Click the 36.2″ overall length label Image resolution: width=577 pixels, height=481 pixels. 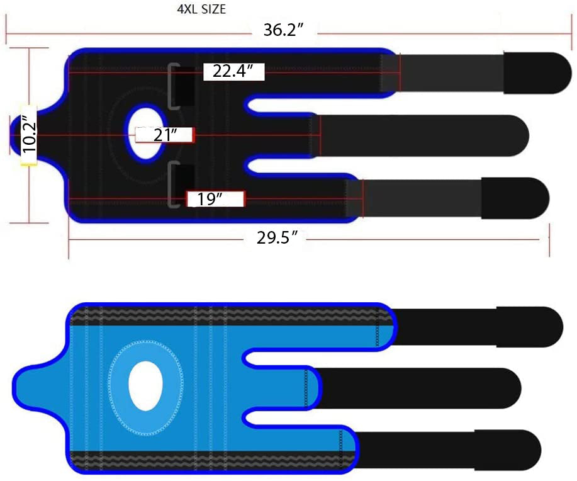(x=284, y=30)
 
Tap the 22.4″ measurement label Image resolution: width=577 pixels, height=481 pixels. (x=233, y=71)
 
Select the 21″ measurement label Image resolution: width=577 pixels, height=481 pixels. (x=165, y=135)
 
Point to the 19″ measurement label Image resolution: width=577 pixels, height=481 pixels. (x=210, y=199)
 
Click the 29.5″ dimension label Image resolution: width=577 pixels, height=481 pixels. (x=277, y=238)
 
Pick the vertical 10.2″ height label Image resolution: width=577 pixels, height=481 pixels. (x=29, y=134)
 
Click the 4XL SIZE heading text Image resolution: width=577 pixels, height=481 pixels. (x=201, y=9)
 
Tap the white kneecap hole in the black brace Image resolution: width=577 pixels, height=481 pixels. (x=146, y=133)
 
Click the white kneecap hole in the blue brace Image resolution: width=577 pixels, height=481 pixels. (x=146, y=385)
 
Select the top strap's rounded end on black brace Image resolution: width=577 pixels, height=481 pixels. (x=537, y=73)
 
